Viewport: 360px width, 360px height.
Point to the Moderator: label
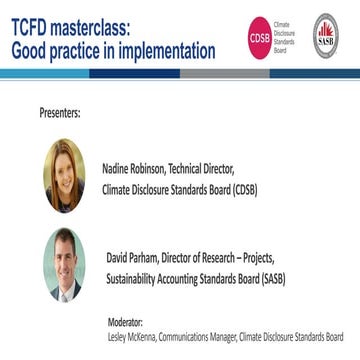[x=125, y=322]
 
